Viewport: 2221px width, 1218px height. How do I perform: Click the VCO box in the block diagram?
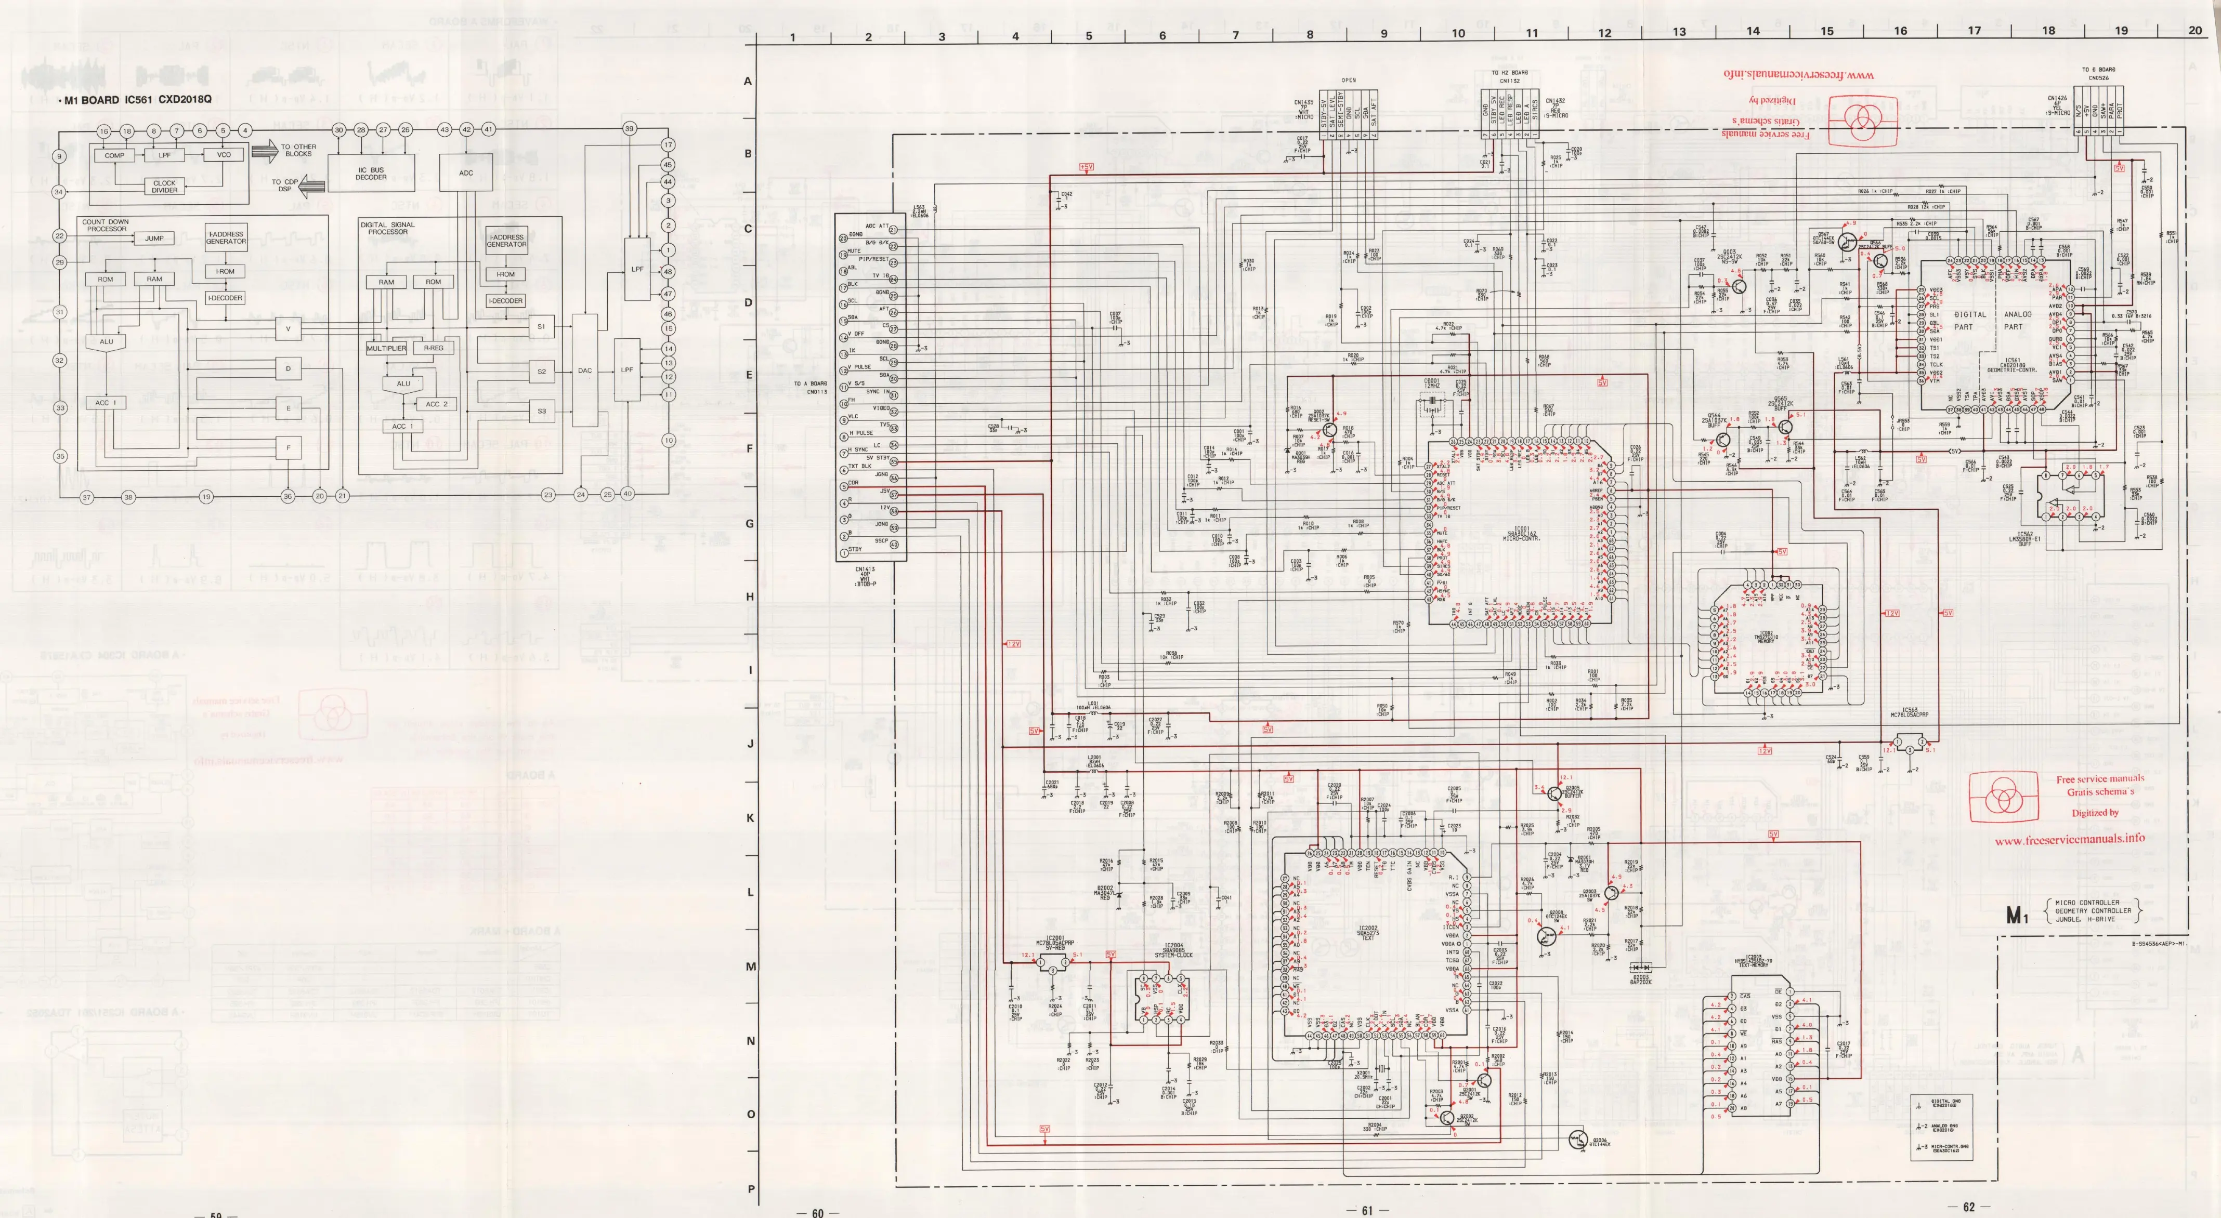point(224,155)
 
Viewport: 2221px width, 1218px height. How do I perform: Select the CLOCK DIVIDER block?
point(165,186)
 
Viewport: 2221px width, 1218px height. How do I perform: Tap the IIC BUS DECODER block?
point(372,173)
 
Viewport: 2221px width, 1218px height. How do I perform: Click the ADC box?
point(466,173)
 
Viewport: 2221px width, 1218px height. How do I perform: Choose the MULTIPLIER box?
point(386,348)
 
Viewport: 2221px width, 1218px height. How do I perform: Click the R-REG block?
point(433,348)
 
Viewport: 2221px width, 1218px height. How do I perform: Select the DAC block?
point(584,370)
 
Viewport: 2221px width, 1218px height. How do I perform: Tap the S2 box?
point(541,372)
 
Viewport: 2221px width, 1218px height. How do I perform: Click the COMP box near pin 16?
point(115,155)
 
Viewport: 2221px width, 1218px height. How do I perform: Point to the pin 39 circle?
point(630,128)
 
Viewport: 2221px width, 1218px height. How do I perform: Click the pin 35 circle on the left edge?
point(59,456)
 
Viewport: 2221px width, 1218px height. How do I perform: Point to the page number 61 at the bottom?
point(1367,1209)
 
